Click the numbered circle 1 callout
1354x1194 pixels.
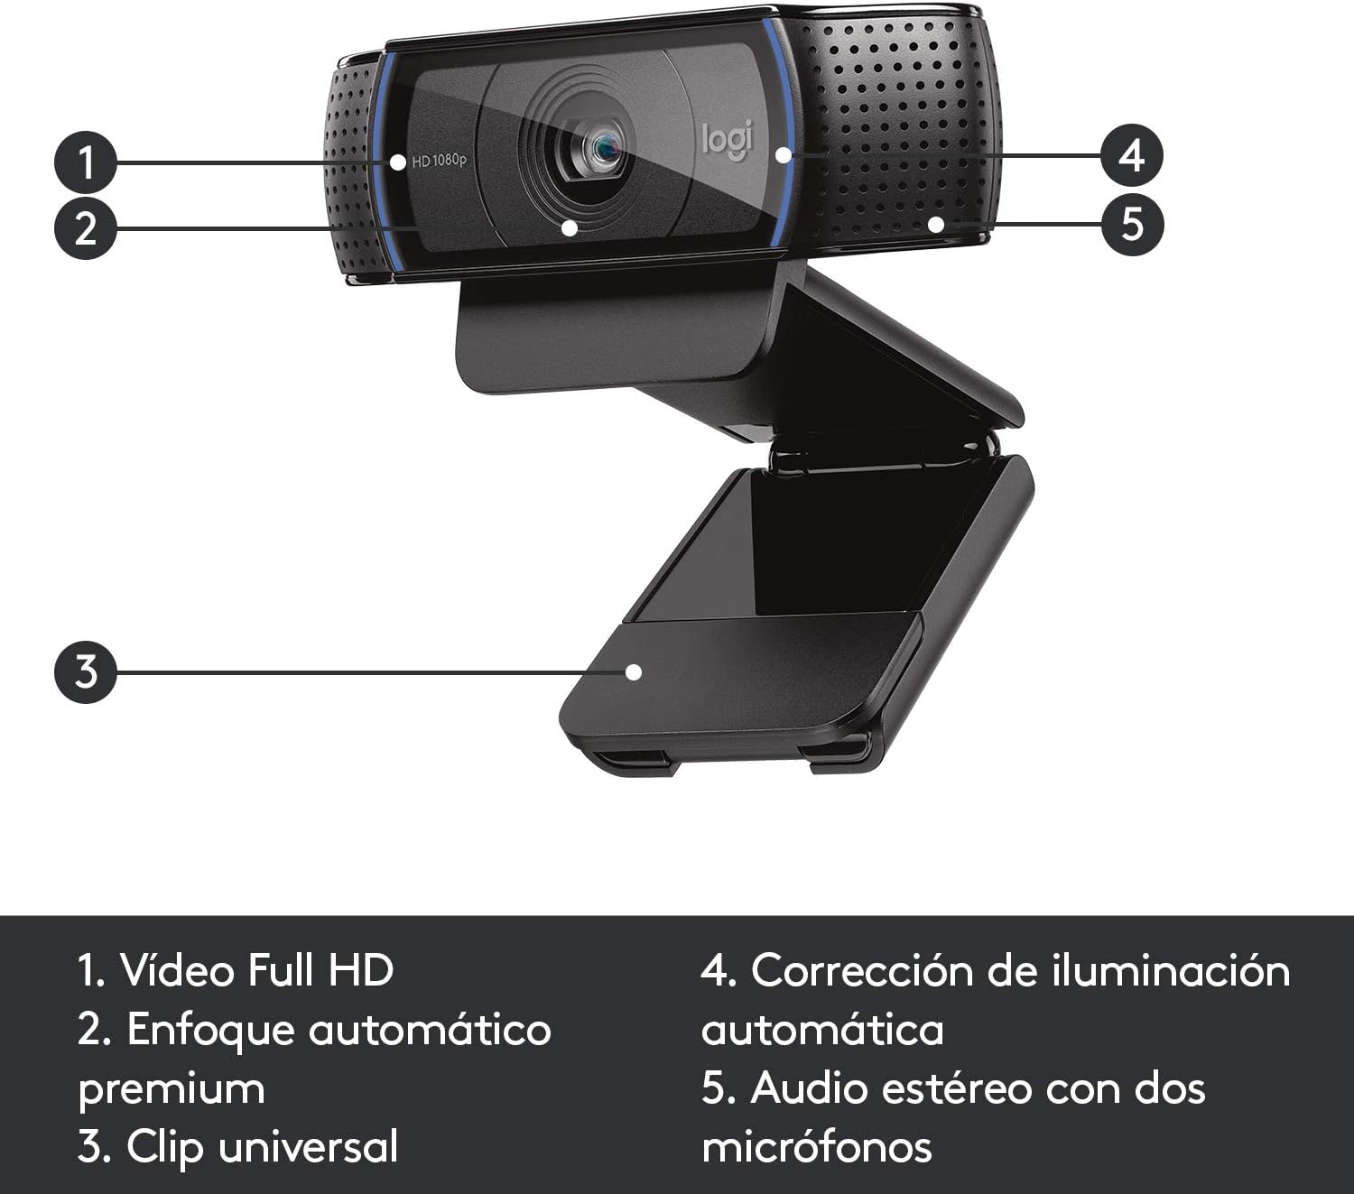[86, 163]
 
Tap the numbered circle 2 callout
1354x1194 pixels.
[86, 227]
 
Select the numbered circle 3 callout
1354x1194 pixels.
[86, 672]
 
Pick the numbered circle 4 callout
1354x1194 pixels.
[1132, 155]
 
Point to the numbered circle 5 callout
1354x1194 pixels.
[1132, 223]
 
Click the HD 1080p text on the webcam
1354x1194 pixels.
[439, 162]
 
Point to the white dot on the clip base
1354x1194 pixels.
[634, 672]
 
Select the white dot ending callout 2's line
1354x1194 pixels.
[569, 227]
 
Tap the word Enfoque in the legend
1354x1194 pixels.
[210, 1029]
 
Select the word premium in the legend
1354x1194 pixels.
[172, 1089]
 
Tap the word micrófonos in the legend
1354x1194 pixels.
[817, 1147]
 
